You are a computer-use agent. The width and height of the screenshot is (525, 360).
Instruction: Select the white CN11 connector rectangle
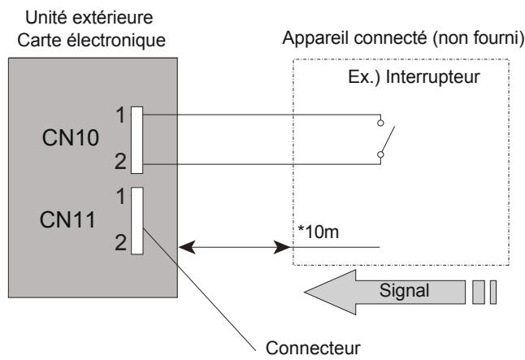pos(137,219)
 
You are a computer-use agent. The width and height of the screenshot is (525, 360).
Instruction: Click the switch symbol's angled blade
pos(388,139)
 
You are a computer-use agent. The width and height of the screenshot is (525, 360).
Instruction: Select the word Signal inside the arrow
pos(406,290)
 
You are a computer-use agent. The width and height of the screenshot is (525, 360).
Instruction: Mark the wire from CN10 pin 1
pos(260,114)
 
